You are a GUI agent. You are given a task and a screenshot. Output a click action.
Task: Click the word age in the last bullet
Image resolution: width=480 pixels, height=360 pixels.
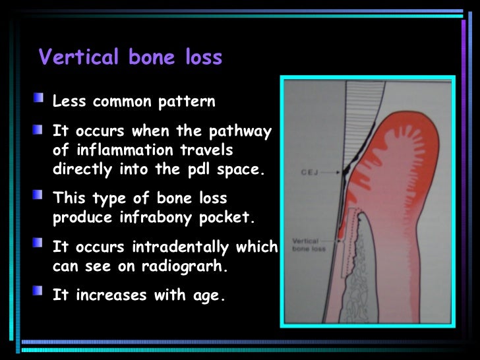pyautogui.click(x=210, y=295)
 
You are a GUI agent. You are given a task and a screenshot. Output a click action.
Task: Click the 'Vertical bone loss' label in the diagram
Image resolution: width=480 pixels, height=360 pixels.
pyautogui.click(x=305, y=245)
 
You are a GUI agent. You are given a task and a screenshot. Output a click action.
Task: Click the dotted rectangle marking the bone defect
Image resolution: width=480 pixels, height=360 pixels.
pyautogui.click(x=341, y=251)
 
